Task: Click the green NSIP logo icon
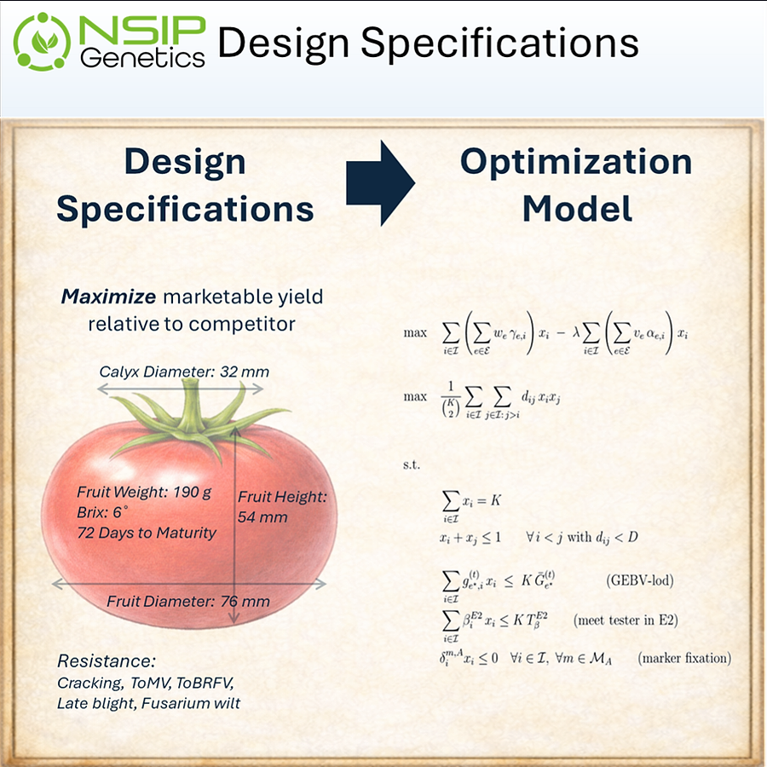(x=43, y=40)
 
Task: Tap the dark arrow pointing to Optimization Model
(x=379, y=182)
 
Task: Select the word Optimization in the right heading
(x=576, y=162)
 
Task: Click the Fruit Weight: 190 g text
(x=144, y=493)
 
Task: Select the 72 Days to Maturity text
(x=147, y=533)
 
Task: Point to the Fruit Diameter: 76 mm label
(x=187, y=602)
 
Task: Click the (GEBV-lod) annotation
(x=640, y=582)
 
